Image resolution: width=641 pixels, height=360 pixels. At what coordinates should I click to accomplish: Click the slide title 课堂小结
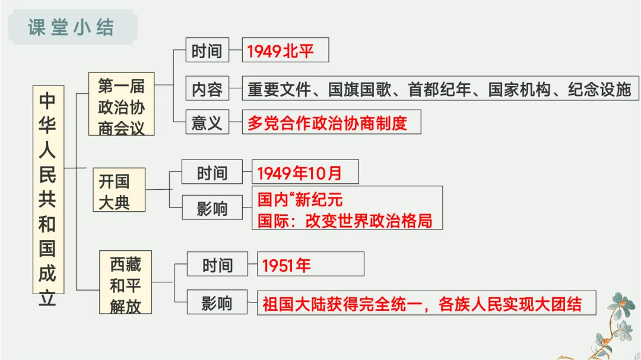point(71,27)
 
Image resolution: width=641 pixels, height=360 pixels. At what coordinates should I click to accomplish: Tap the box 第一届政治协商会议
point(121,104)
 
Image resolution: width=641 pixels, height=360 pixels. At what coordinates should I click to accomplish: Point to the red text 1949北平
point(280,52)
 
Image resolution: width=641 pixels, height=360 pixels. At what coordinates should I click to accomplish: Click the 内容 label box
point(207,89)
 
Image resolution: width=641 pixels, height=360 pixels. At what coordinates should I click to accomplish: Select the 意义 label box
point(207,123)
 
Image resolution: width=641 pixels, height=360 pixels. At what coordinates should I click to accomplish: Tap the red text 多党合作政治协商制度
point(327,123)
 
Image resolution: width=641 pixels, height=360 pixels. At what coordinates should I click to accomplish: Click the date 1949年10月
point(300,173)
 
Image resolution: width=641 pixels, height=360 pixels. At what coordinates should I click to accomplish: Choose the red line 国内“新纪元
point(300,199)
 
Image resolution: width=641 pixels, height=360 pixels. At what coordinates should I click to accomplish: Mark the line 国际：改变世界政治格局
point(345,220)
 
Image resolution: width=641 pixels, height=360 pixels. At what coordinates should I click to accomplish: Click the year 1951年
point(287,265)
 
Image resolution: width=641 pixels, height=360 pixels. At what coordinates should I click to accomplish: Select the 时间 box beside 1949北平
point(207,52)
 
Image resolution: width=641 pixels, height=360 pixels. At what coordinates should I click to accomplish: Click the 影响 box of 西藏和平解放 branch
point(217,303)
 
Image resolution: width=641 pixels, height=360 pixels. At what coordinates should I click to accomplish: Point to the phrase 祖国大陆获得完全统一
point(338,303)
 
